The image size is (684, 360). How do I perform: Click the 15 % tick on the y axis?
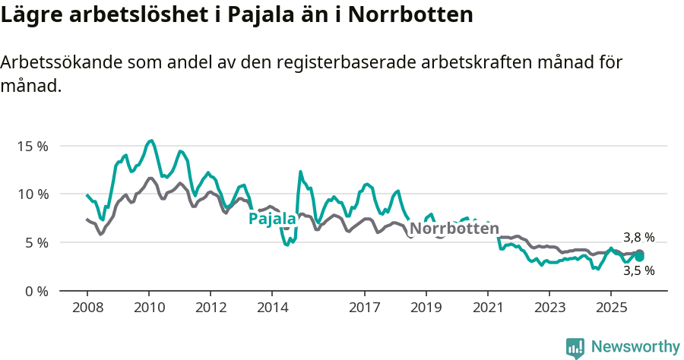pyautogui.click(x=32, y=145)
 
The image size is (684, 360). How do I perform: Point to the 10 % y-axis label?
pyautogui.click(x=32, y=194)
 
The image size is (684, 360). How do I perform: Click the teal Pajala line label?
pyautogui.click(x=272, y=219)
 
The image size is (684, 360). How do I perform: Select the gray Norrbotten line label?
pyautogui.click(x=454, y=229)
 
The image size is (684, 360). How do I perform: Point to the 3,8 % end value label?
pyautogui.click(x=638, y=237)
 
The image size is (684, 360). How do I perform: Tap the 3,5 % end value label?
pyautogui.click(x=638, y=270)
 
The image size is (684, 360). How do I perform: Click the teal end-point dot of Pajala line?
pyautogui.click(x=640, y=257)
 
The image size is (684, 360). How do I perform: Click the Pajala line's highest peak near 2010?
pyautogui.click(x=151, y=141)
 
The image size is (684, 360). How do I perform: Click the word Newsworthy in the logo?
pyautogui.click(x=635, y=347)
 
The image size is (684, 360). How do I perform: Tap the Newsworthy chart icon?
pyautogui.click(x=575, y=348)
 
